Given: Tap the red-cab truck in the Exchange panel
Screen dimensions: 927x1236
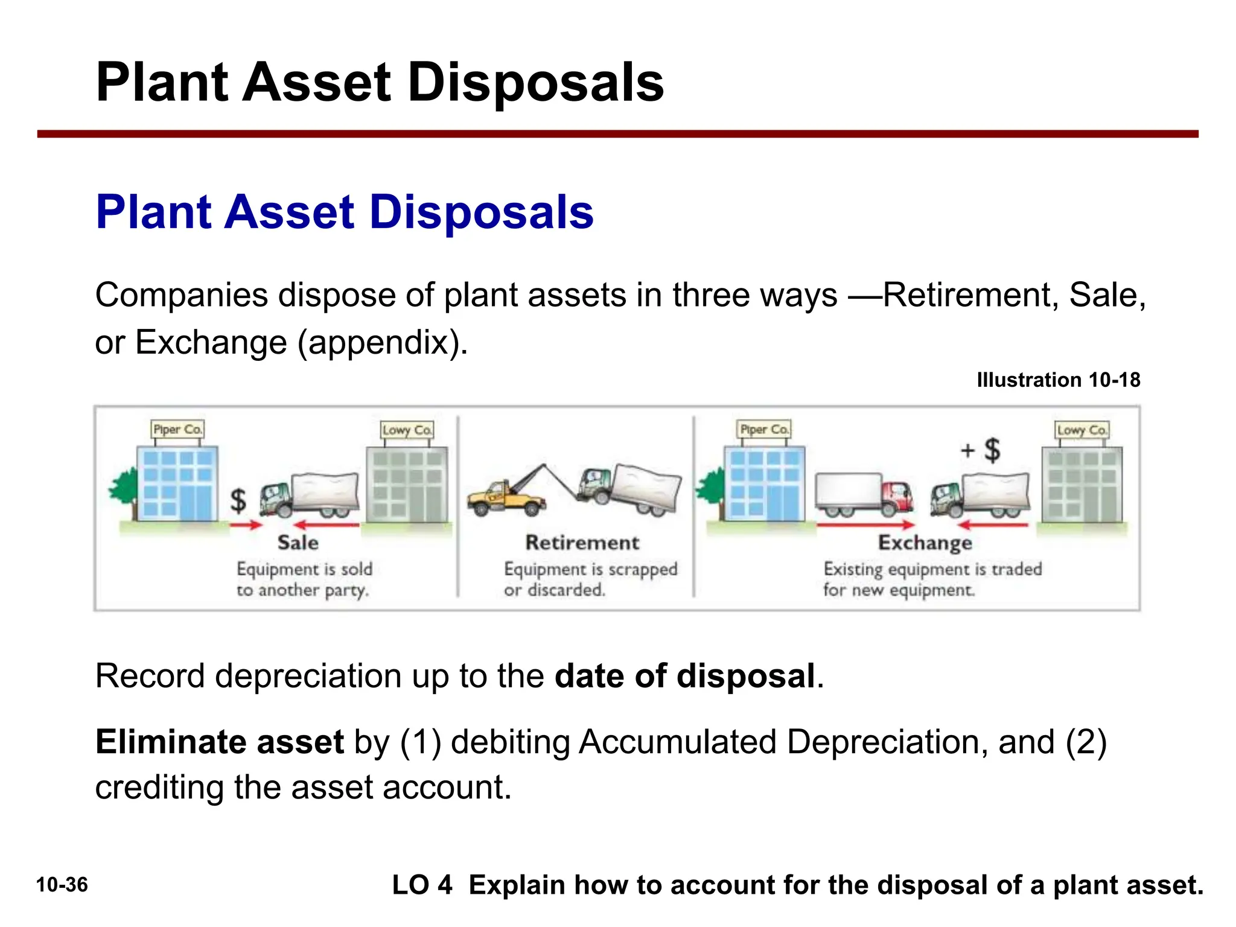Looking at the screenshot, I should [864, 494].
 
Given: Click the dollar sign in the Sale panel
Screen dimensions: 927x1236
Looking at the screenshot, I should [239, 500].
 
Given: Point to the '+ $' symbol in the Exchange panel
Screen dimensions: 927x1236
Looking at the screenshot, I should [981, 450].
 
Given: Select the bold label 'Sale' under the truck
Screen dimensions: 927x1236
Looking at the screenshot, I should [298, 543].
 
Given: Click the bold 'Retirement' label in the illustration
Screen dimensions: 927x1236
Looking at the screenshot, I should [582, 543].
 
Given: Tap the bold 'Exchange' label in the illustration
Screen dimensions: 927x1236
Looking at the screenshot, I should [925, 543].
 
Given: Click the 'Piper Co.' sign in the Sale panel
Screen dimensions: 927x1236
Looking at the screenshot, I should [177, 430].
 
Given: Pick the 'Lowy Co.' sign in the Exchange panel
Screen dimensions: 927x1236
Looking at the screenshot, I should [1082, 430].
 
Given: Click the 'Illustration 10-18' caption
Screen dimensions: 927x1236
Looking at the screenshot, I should [1059, 380].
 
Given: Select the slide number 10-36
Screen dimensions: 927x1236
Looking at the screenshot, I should [62, 885].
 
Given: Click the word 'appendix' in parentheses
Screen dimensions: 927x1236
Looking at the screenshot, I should [383, 343].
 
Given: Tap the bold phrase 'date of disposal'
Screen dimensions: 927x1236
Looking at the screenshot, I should [685, 676].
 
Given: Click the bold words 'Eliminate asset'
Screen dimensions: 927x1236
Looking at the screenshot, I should [220, 742].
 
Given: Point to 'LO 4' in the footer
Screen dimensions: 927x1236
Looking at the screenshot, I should [422, 885].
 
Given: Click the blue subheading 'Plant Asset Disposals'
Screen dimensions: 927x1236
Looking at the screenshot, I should [345, 212].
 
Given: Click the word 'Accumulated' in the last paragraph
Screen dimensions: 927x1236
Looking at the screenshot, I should [677, 742].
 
